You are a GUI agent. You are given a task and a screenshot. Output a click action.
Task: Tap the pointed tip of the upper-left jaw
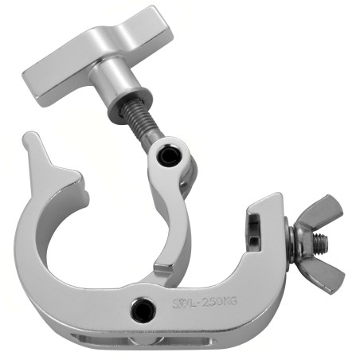tap(27, 139)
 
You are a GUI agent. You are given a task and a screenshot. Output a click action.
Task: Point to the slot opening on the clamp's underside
tap(127, 341)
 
